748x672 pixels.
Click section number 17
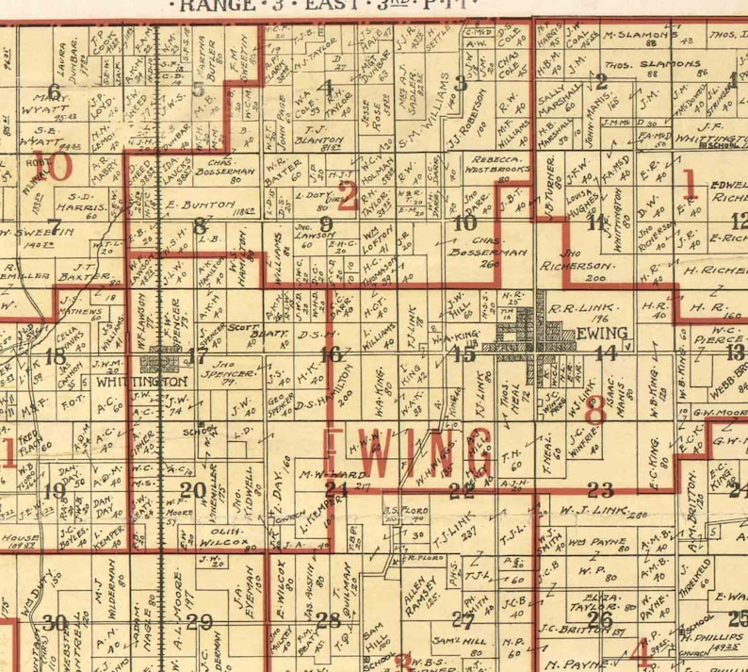tap(197, 355)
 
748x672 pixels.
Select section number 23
tap(600, 488)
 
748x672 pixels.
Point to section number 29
tap(199, 620)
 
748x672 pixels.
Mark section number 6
tap(54, 90)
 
